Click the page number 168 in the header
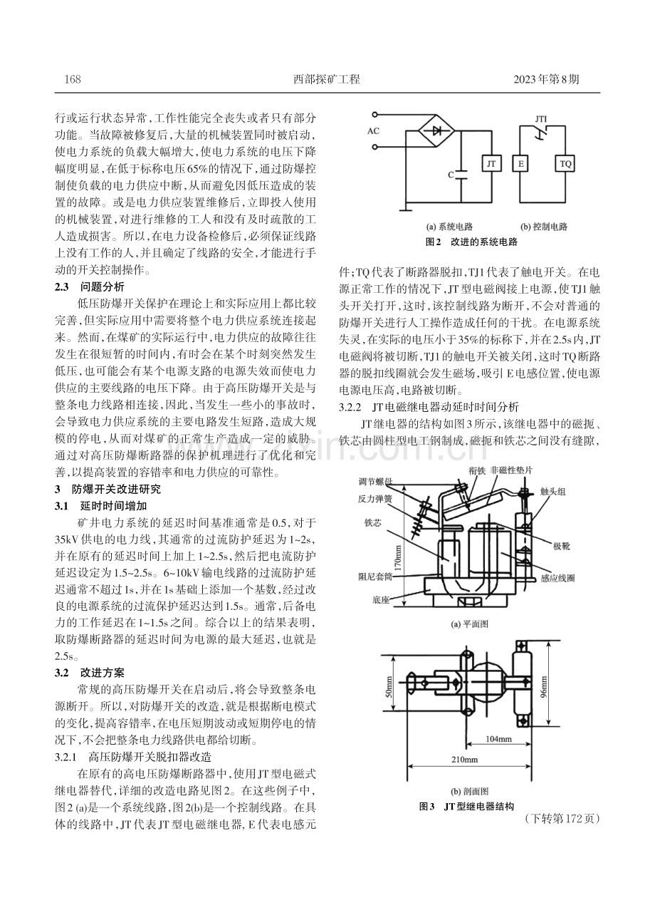(73, 79)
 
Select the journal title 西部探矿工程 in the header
(327, 79)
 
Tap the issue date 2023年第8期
(546, 79)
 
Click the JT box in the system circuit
(491, 165)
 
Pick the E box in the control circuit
(520, 165)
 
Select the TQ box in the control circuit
(565, 165)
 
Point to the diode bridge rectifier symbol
(436, 131)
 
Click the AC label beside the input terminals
(373, 131)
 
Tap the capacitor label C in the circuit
(451, 175)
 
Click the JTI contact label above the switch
(540, 119)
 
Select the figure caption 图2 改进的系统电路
(471, 242)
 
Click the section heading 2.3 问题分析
(90, 286)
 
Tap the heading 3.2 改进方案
(90, 673)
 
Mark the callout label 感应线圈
(557, 578)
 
